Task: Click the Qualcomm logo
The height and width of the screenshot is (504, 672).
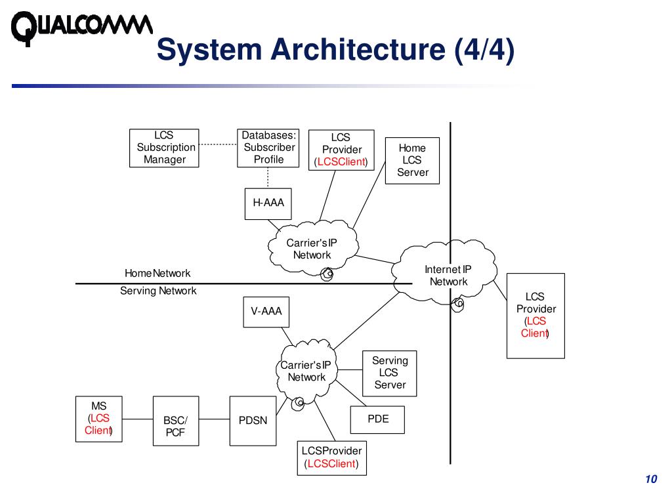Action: point(82,28)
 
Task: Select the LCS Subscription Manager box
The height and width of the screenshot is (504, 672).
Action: point(165,148)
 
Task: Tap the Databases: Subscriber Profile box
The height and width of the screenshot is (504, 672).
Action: point(268,148)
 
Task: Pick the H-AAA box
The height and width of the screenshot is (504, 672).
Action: point(268,203)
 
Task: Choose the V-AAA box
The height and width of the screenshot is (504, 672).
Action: point(266,312)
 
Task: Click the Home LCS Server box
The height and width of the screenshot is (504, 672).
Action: point(412,160)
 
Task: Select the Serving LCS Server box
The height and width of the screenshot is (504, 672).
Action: point(390,373)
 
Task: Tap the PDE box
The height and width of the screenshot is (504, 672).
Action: point(377,419)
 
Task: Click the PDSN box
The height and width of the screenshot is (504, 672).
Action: point(253,420)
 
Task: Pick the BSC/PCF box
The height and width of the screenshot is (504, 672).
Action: point(175,426)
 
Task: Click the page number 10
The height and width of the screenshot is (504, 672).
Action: point(651,479)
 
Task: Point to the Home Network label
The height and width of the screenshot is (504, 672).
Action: point(157,273)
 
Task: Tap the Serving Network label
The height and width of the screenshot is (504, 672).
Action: point(158,291)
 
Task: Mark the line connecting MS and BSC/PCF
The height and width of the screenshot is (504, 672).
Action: point(137,419)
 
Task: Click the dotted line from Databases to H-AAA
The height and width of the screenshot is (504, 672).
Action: point(268,178)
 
